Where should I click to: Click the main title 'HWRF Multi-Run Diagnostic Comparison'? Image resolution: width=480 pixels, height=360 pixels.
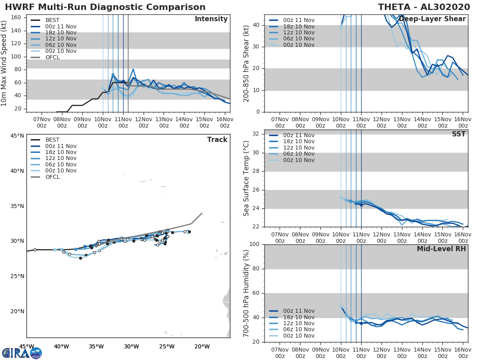[x=105, y=7]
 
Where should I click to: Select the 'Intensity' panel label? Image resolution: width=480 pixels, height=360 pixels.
[x=211, y=19]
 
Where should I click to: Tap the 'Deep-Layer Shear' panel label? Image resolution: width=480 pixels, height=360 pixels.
[x=432, y=19]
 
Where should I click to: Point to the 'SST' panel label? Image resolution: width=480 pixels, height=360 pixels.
[x=458, y=134]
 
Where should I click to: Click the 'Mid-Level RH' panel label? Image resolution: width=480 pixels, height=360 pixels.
[x=441, y=249]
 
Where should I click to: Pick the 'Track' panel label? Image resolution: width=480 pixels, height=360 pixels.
[x=217, y=140]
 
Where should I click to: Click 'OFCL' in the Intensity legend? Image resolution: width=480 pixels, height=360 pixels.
[x=53, y=57]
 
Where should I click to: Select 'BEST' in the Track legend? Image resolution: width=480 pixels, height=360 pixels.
[x=53, y=140]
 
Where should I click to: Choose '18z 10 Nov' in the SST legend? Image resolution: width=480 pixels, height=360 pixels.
[x=298, y=142]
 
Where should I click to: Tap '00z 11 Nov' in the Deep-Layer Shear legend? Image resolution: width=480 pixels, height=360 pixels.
[x=298, y=20]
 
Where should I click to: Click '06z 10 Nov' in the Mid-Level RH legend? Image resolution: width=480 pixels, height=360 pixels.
[x=298, y=330]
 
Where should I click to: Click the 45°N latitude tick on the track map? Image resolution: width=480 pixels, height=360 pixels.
[x=17, y=136]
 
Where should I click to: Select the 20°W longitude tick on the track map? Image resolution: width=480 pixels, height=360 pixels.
[x=202, y=346]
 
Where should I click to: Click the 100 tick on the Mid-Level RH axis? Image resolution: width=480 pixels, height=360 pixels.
[x=255, y=244]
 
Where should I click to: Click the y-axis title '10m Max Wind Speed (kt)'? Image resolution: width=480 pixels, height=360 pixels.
[x=5, y=64]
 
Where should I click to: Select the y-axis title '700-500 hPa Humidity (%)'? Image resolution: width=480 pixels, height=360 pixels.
[x=246, y=293]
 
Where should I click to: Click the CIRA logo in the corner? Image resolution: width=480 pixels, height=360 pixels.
[x=22, y=353]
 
